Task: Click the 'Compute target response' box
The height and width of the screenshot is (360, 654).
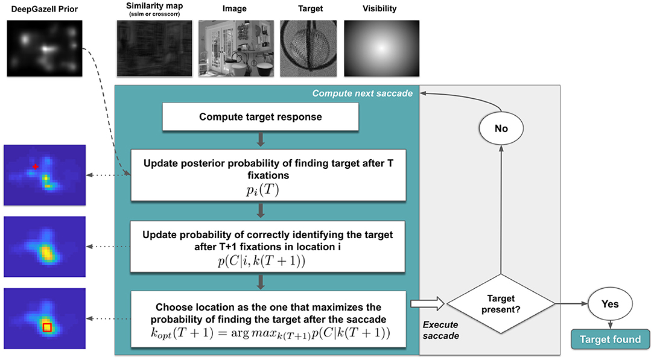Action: [x=260, y=117]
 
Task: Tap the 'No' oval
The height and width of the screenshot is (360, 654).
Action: [x=500, y=129]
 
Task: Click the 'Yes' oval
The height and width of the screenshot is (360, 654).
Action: [x=612, y=304]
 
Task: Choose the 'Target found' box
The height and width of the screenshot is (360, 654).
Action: [x=610, y=339]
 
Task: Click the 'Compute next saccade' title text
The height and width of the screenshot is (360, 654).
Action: [x=363, y=93]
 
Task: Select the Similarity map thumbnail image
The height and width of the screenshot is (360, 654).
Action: [x=154, y=48]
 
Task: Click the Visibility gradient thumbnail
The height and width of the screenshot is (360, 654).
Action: [x=381, y=48]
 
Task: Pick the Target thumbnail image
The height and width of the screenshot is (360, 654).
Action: [x=308, y=48]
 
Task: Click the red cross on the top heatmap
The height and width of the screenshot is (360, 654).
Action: [x=36, y=165]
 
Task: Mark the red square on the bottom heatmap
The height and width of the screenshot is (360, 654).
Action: [x=47, y=327]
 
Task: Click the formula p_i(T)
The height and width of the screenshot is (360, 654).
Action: [x=260, y=190]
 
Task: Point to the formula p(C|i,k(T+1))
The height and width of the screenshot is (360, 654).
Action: [x=260, y=260]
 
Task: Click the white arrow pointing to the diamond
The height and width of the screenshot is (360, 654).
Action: [x=425, y=303]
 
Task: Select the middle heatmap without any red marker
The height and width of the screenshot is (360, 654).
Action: [x=45, y=247]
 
